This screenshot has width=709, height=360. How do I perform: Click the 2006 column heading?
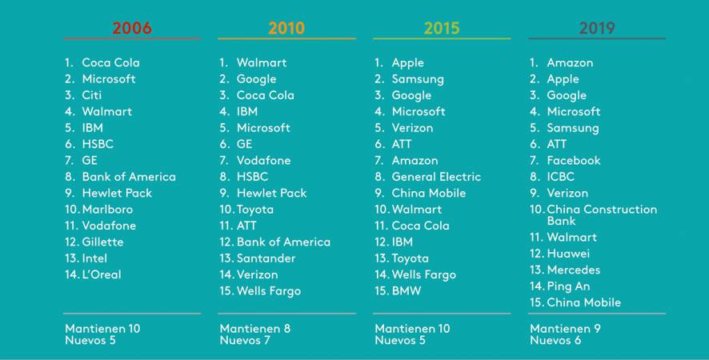[132, 28]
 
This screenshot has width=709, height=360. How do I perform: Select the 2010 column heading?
[286, 28]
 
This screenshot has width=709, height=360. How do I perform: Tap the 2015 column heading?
[442, 28]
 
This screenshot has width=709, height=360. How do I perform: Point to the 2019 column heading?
[597, 28]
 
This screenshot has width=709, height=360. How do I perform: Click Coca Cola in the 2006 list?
[110, 62]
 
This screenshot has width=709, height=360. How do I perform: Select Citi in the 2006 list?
[92, 95]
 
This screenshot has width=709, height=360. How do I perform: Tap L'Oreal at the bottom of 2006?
[102, 274]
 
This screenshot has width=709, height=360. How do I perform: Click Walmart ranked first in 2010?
[261, 62]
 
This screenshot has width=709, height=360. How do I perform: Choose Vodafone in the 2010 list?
[263, 161]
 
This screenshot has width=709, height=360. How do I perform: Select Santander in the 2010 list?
[266, 258]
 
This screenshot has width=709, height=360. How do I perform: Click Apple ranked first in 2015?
[407, 62]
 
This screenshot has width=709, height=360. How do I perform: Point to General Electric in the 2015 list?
[436, 177]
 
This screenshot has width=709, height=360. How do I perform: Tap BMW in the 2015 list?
[407, 291]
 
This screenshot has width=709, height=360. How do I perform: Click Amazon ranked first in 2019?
[570, 62]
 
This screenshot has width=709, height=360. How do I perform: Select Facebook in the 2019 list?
[573, 161]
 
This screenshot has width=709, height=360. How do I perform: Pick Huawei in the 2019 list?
[568, 254]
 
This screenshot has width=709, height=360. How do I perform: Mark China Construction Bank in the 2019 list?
[601, 214]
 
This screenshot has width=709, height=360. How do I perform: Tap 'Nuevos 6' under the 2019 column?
[555, 341]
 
